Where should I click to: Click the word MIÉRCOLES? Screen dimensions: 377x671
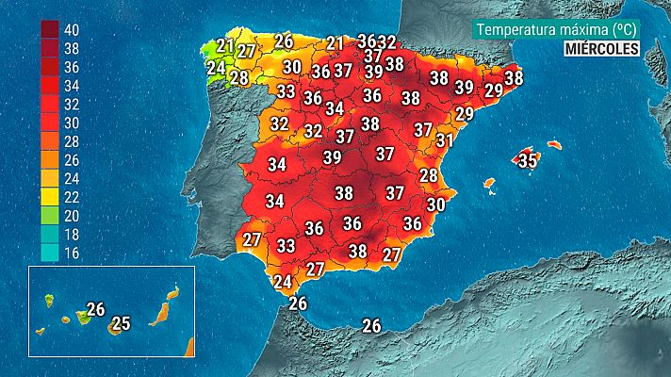pyautogui.click(x=602, y=48)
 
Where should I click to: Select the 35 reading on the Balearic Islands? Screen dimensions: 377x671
pyautogui.click(x=528, y=160)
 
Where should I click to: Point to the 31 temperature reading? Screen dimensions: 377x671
pyautogui.click(x=445, y=140)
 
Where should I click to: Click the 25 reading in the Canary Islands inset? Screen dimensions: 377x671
pyautogui.click(x=120, y=324)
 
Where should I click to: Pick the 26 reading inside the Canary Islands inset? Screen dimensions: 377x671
pyautogui.click(x=95, y=308)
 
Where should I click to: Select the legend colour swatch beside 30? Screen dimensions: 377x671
pyautogui.click(x=50, y=122)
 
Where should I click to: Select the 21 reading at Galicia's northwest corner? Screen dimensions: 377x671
pyautogui.click(x=225, y=45)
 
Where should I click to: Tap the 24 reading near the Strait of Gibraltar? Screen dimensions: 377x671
pyautogui.click(x=282, y=281)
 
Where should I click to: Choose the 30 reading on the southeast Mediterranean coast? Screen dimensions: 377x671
pyautogui.click(x=435, y=204)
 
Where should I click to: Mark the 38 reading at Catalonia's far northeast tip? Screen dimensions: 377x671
pyautogui.click(x=514, y=79)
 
